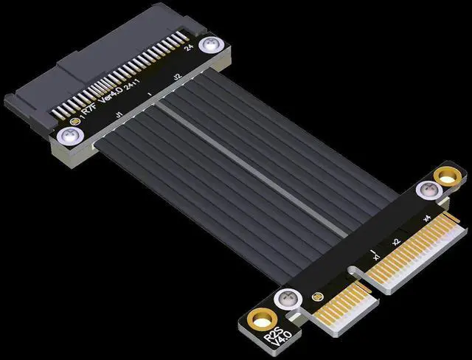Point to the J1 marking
tap(118, 115)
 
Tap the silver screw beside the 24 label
tap(212, 46)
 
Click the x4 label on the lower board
tap(427, 219)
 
